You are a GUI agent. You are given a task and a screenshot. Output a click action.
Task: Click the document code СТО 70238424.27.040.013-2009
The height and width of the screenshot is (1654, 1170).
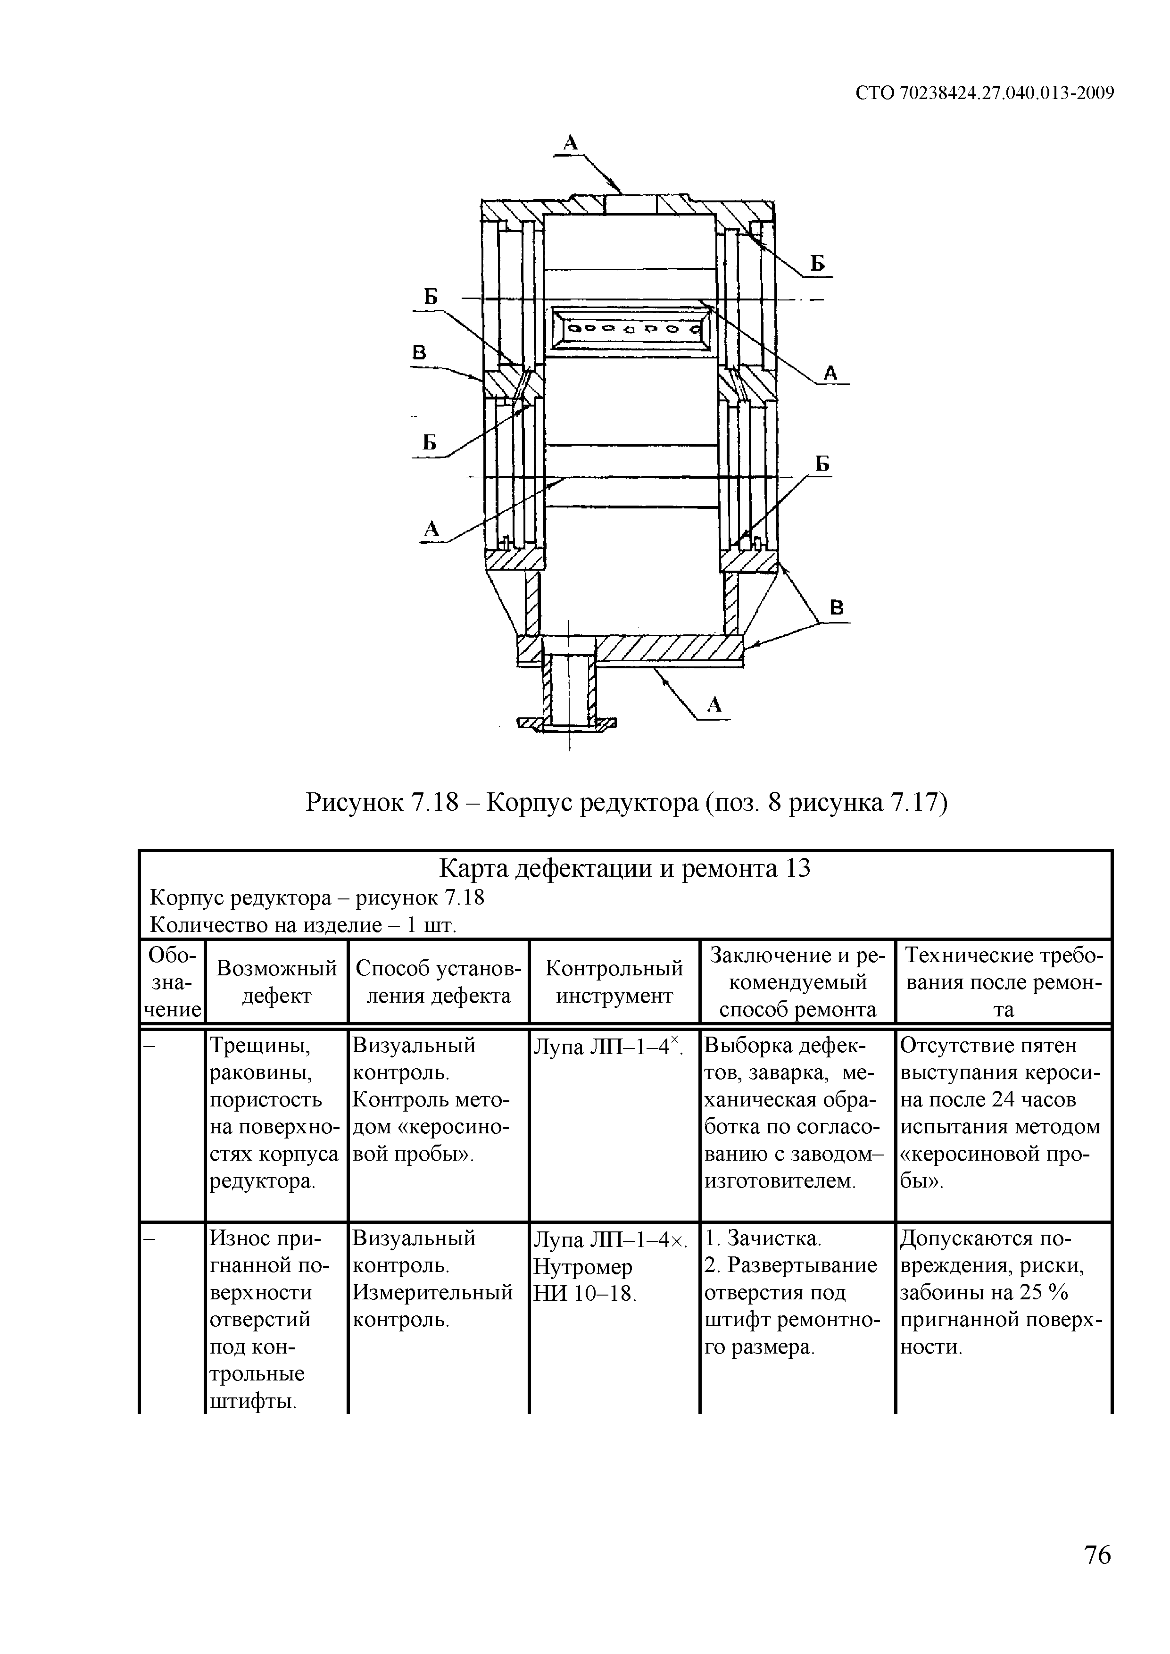pyautogui.click(x=985, y=93)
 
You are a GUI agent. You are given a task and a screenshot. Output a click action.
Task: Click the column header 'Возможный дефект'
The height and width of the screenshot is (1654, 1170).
pyautogui.click(x=277, y=982)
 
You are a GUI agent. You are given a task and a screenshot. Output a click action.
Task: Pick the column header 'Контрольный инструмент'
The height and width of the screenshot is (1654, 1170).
pyautogui.click(x=614, y=982)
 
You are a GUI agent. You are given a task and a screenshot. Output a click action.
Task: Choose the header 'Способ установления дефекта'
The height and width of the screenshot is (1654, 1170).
pyautogui.click(x=438, y=982)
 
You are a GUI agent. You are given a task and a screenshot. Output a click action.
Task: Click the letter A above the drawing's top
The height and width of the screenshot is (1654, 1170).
pyautogui.click(x=571, y=142)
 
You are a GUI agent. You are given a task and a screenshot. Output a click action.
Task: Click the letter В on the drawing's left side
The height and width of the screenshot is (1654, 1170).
pyautogui.click(x=419, y=353)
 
